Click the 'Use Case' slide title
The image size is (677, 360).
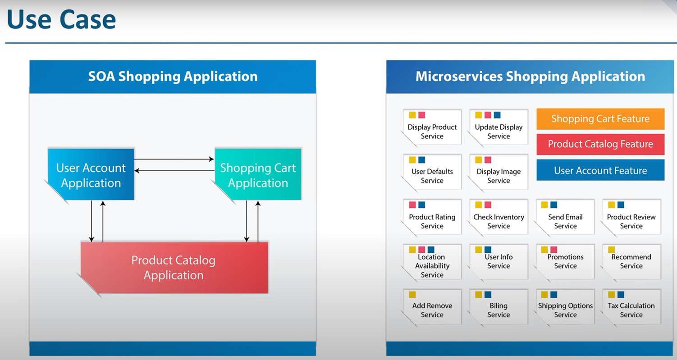(x=61, y=19)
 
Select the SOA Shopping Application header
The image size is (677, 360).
(x=173, y=77)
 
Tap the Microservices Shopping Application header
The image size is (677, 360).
(x=530, y=77)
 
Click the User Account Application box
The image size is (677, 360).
(x=91, y=174)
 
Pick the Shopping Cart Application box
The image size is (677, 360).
(x=258, y=174)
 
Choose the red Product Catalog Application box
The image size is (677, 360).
(x=174, y=268)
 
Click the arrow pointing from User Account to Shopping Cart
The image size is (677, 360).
(x=174, y=159)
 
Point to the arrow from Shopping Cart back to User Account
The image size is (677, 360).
(x=174, y=171)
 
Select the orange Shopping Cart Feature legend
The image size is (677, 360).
(x=600, y=118)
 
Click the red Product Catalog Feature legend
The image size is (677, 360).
(x=600, y=144)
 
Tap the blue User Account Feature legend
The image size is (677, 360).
(x=600, y=170)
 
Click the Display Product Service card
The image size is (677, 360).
(x=432, y=128)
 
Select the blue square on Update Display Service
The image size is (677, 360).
(x=497, y=115)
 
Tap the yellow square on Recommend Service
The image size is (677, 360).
(x=611, y=250)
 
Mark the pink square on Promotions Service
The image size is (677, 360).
(x=553, y=250)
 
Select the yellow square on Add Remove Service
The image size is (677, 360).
(x=412, y=295)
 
